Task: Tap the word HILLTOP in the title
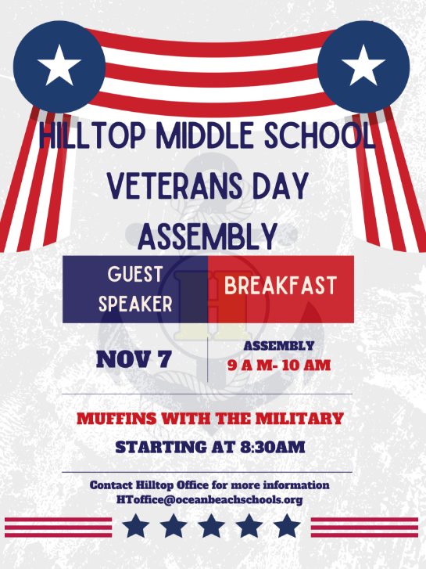click(91, 139)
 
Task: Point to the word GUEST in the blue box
click(135, 275)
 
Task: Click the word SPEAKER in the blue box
click(135, 304)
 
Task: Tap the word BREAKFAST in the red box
click(280, 286)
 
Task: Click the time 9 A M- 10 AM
click(279, 365)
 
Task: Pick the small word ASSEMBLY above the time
click(279, 345)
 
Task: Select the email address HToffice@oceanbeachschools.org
click(209, 499)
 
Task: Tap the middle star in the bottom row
click(213, 525)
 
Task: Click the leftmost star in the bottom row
click(137, 525)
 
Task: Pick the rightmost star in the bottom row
click(288, 525)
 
